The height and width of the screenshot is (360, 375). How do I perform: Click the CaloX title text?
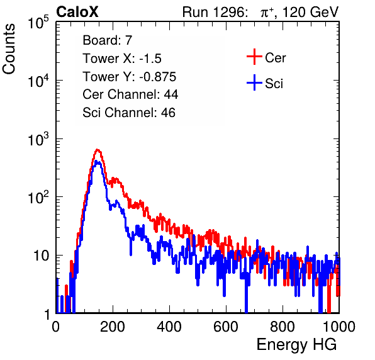77,12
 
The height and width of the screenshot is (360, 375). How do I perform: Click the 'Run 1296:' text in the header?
215,12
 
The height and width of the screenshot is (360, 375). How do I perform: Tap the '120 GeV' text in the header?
310,12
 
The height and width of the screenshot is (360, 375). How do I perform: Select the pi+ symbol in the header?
267,13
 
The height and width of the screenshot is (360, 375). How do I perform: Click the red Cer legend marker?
254,57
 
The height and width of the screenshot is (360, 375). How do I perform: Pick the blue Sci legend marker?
254,82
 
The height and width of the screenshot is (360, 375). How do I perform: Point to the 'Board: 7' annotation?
107,40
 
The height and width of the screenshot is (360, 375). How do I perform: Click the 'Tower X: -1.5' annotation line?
122,59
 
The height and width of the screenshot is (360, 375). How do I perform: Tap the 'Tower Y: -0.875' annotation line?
130,77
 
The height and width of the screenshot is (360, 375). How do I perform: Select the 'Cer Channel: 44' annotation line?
130,94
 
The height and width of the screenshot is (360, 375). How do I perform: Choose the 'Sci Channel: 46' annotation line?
129,113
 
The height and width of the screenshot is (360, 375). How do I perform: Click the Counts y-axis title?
9,49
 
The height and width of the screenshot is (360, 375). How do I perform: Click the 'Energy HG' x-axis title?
296,345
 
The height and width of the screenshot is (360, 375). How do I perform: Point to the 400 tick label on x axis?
169,327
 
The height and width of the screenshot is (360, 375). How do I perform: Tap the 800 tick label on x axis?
283,327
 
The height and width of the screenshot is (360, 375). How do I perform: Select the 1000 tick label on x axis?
339,327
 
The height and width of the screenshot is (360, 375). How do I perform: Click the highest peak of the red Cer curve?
97,150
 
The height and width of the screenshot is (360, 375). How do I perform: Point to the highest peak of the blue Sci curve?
97,162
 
